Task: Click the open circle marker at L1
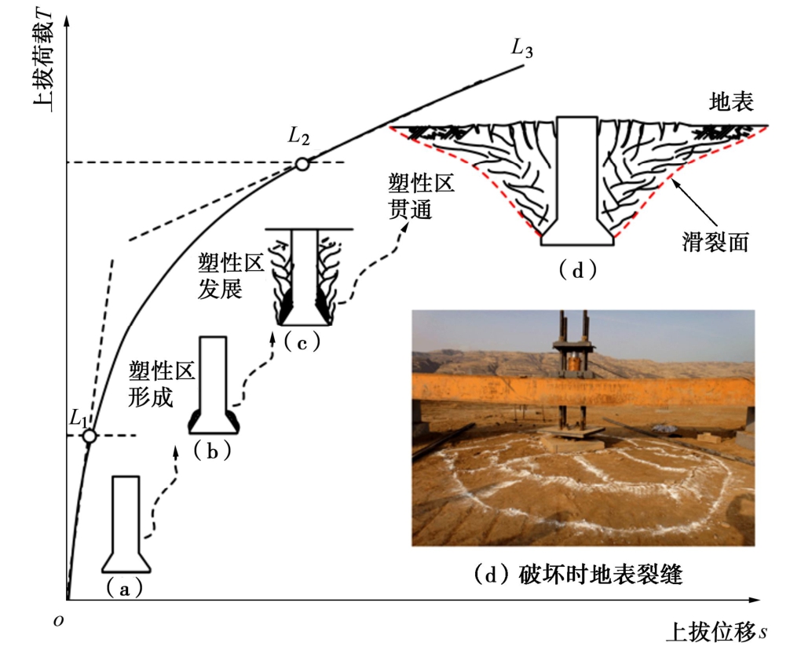[90, 436]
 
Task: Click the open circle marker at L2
[301, 164]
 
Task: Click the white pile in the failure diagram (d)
[577, 181]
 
